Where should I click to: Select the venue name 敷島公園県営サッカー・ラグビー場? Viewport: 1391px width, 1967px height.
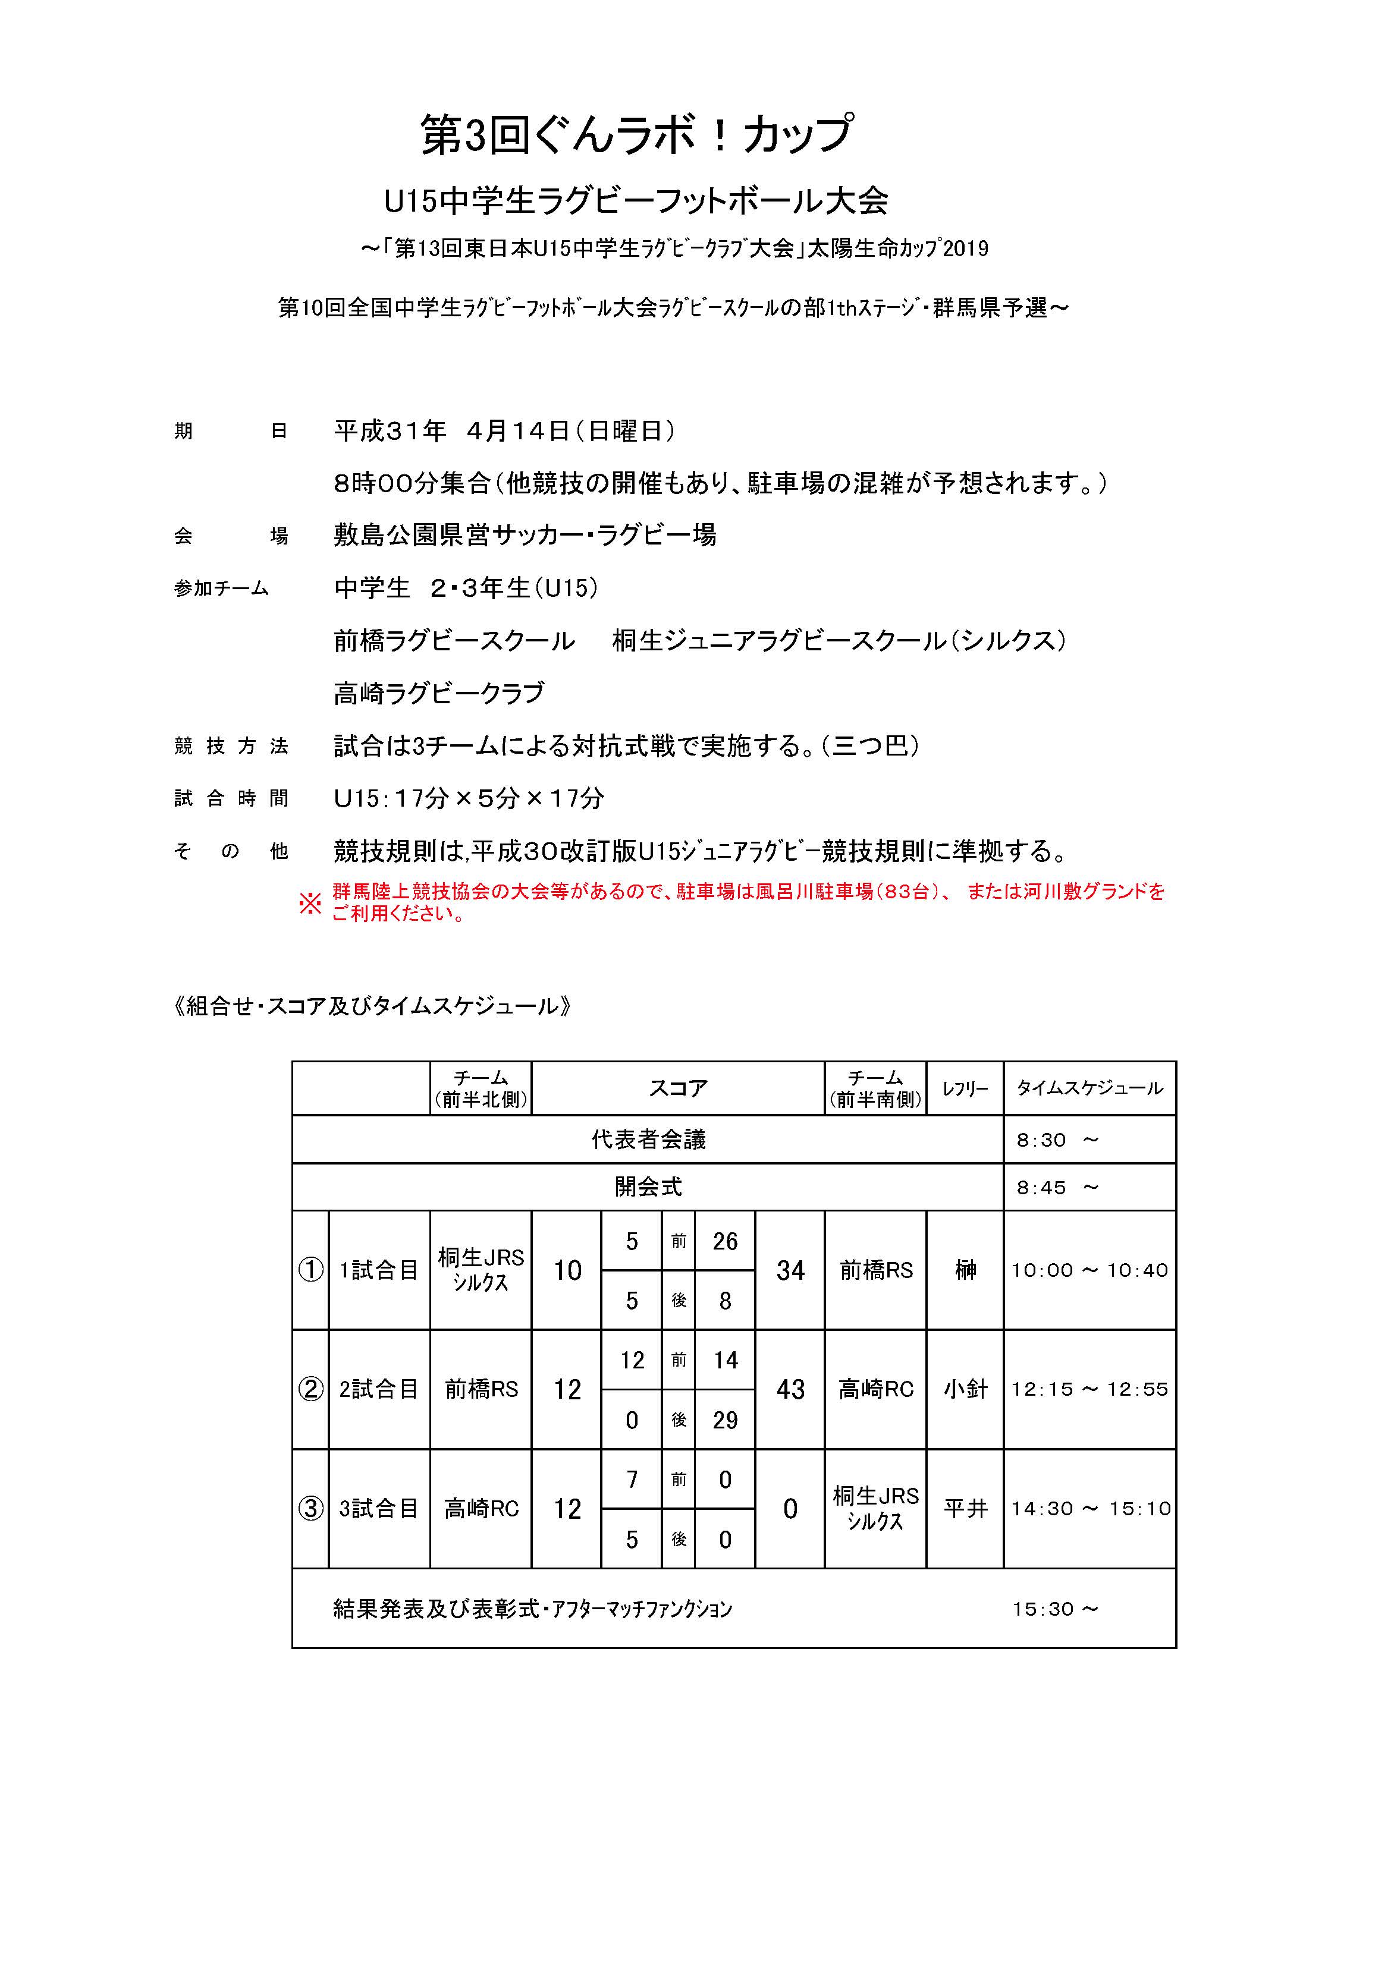click(x=525, y=536)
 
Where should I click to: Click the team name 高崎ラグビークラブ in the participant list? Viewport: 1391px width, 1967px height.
click(x=439, y=693)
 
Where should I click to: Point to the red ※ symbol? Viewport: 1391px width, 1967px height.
click(x=309, y=903)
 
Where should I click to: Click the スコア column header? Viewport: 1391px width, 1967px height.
click(x=677, y=1088)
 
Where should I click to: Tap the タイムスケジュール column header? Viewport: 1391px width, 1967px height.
click(x=1089, y=1088)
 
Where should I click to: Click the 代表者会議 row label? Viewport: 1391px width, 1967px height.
click(x=648, y=1140)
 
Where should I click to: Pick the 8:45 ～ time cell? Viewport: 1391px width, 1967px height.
click(x=1056, y=1188)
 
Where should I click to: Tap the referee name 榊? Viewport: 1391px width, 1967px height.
click(x=965, y=1270)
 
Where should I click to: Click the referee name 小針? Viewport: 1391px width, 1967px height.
click(x=965, y=1390)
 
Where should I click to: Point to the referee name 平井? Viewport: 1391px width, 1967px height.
click(x=965, y=1509)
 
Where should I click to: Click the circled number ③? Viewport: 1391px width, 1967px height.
click(x=310, y=1509)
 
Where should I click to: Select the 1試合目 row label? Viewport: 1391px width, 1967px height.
click(x=378, y=1270)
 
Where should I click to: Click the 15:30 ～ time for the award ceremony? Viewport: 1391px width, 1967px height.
click(x=1054, y=1609)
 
